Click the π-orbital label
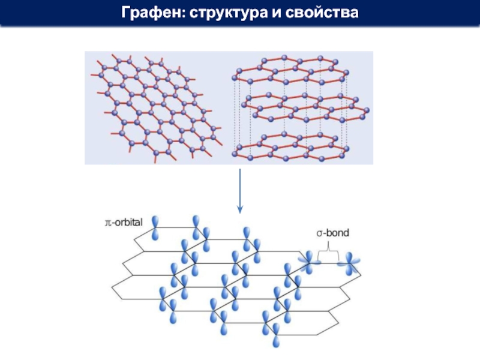[x=119, y=222]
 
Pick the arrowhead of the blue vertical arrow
[x=240, y=209]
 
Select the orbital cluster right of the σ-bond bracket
[x=349, y=262]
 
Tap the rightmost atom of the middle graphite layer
[x=367, y=111]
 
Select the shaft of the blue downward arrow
[x=240, y=186]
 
